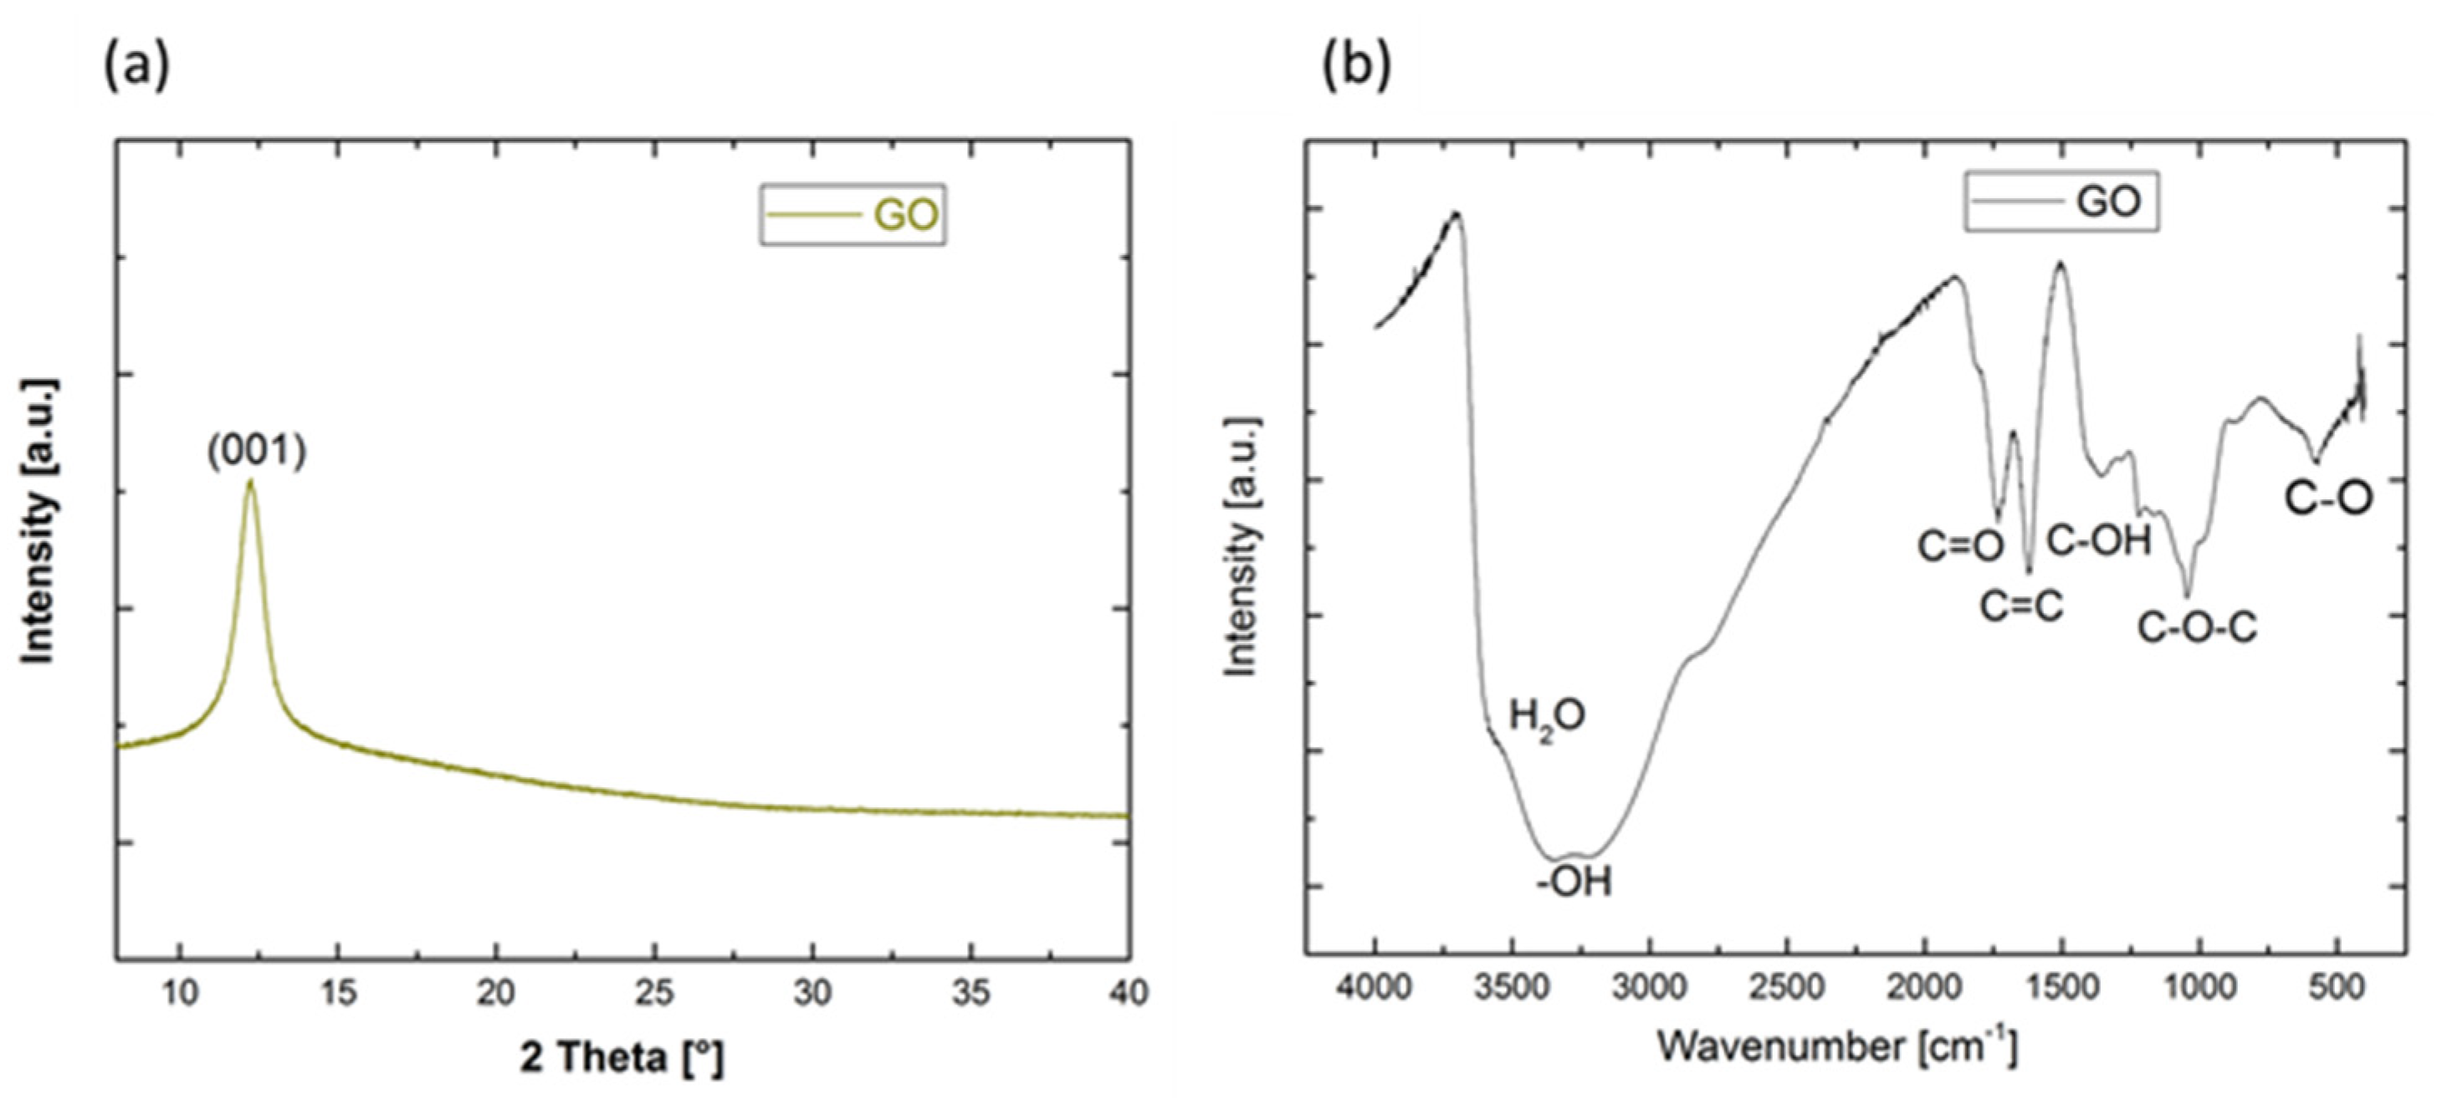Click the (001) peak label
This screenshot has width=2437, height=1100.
(x=258, y=451)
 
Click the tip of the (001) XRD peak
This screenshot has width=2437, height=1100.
(x=250, y=483)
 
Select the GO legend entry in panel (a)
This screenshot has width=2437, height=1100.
(x=852, y=216)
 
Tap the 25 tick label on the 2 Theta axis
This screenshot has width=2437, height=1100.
(x=653, y=993)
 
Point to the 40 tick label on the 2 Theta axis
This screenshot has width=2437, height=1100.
(x=1127, y=993)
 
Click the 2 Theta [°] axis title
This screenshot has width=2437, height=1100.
(x=622, y=1057)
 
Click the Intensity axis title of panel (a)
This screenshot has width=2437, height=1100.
(x=38, y=521)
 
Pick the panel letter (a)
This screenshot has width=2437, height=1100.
(x=136, y=66)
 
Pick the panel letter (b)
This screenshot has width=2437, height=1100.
(x=1355, y=66)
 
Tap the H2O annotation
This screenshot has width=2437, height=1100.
(x=1547, y=717)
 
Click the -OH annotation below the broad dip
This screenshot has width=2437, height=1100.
(x=1574, y=883)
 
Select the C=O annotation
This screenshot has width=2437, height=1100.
(x=1960, y=547)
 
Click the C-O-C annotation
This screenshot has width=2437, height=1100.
(x=2198, y=628)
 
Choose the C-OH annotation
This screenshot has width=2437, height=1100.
(x=2099, y=541)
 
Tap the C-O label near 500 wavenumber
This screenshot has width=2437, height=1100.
(x=2328, y=498)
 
